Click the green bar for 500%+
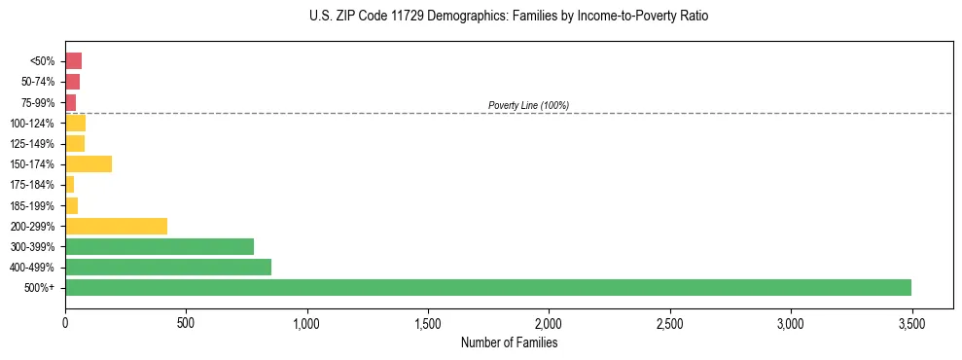tap(487, 287)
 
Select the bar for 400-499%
tap(167, 267)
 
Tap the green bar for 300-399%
tap(159, 246)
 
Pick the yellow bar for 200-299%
tap(116, 226)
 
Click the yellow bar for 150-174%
tap(89, 163)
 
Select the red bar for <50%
tap(73, 61)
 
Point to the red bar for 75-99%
tap(70, 102)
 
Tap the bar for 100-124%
tap(75, 123)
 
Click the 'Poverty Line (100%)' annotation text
tap(528, 105)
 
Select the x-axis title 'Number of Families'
tap(509, 342)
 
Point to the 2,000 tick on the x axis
tap(549, 322)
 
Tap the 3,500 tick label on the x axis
tap(911, 322)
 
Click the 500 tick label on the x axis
tap(186, 322)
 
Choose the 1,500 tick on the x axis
tap(428, 322)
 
